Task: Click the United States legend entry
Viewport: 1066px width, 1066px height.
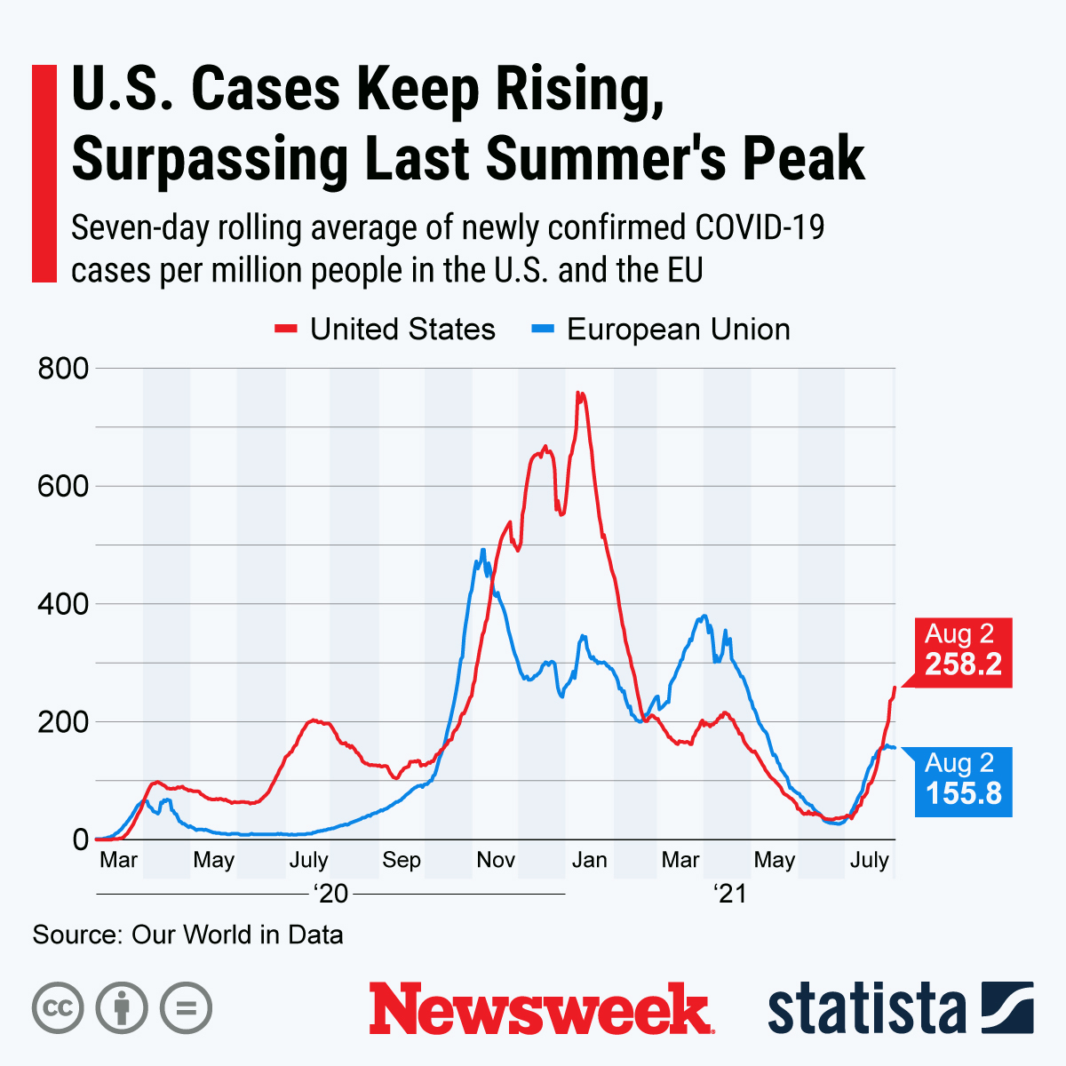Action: click(385, 330)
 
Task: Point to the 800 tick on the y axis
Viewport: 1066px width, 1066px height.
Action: click(63, 368)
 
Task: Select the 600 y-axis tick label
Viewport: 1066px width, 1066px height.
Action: click(63, 486)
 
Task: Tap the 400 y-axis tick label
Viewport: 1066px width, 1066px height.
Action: click(63, 604)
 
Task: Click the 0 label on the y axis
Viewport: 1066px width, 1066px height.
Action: click(81, 839)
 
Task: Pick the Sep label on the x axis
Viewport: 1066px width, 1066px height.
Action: click(402, 860)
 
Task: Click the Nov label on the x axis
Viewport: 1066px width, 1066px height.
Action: click(496, 860)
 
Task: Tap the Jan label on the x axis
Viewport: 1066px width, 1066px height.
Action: click(589, 860)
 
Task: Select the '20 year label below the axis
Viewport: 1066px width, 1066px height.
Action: click(331, 894)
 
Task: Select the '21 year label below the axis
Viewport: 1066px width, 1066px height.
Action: click(730, 894)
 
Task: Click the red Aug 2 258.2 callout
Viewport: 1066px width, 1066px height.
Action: click(963, 650)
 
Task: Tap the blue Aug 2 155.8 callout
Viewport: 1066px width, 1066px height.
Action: click(963, 779)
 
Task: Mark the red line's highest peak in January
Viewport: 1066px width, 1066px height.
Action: click(579, 393)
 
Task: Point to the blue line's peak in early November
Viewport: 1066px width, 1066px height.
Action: click(482, 550)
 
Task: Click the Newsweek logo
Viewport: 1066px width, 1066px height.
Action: click(540, 1008)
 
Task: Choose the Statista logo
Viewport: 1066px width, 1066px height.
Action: click(900, 1008)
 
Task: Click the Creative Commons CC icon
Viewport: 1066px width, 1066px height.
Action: click(59, 1008)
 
